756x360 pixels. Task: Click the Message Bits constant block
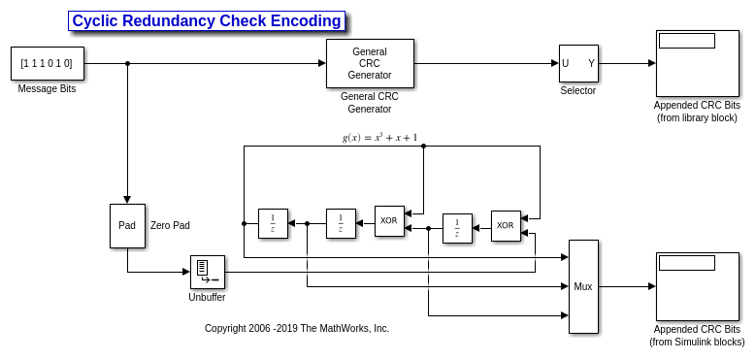48,63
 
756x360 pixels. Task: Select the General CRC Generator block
370,63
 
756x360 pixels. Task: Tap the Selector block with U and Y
578,64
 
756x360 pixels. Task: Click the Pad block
127,226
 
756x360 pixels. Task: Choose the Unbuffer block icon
208,273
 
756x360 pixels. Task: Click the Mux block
583,287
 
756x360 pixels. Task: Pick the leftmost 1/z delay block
273,223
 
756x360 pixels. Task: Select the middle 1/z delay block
341,223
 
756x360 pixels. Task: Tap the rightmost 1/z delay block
457,228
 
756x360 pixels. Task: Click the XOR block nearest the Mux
506,226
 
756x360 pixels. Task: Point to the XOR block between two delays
389,221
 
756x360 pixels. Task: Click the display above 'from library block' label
697,64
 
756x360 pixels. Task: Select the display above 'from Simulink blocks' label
697,287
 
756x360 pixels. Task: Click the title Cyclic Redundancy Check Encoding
207,21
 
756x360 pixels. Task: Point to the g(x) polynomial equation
379,138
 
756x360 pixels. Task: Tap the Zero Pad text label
170,225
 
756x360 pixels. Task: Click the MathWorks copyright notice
297,329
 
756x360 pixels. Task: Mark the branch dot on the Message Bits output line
127,63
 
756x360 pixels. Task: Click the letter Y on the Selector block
591,64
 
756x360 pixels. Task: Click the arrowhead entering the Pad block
127,200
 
